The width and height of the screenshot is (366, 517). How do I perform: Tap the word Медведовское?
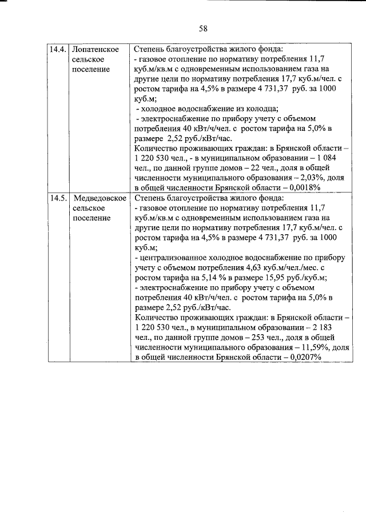100,198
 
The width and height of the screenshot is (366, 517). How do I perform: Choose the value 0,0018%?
301,187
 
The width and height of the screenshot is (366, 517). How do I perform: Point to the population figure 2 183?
333,327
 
